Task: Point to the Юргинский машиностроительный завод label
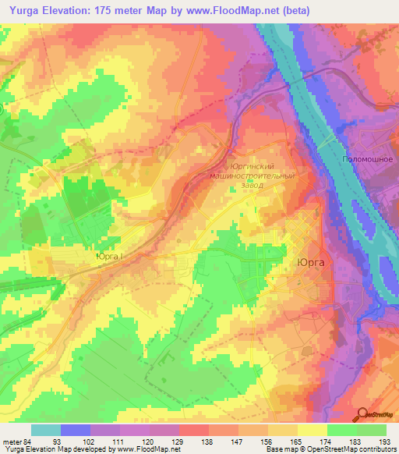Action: [251, 176]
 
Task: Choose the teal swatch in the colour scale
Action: [46, 430]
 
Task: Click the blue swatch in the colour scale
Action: [76, 430]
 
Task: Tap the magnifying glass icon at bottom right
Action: [362, 414]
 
